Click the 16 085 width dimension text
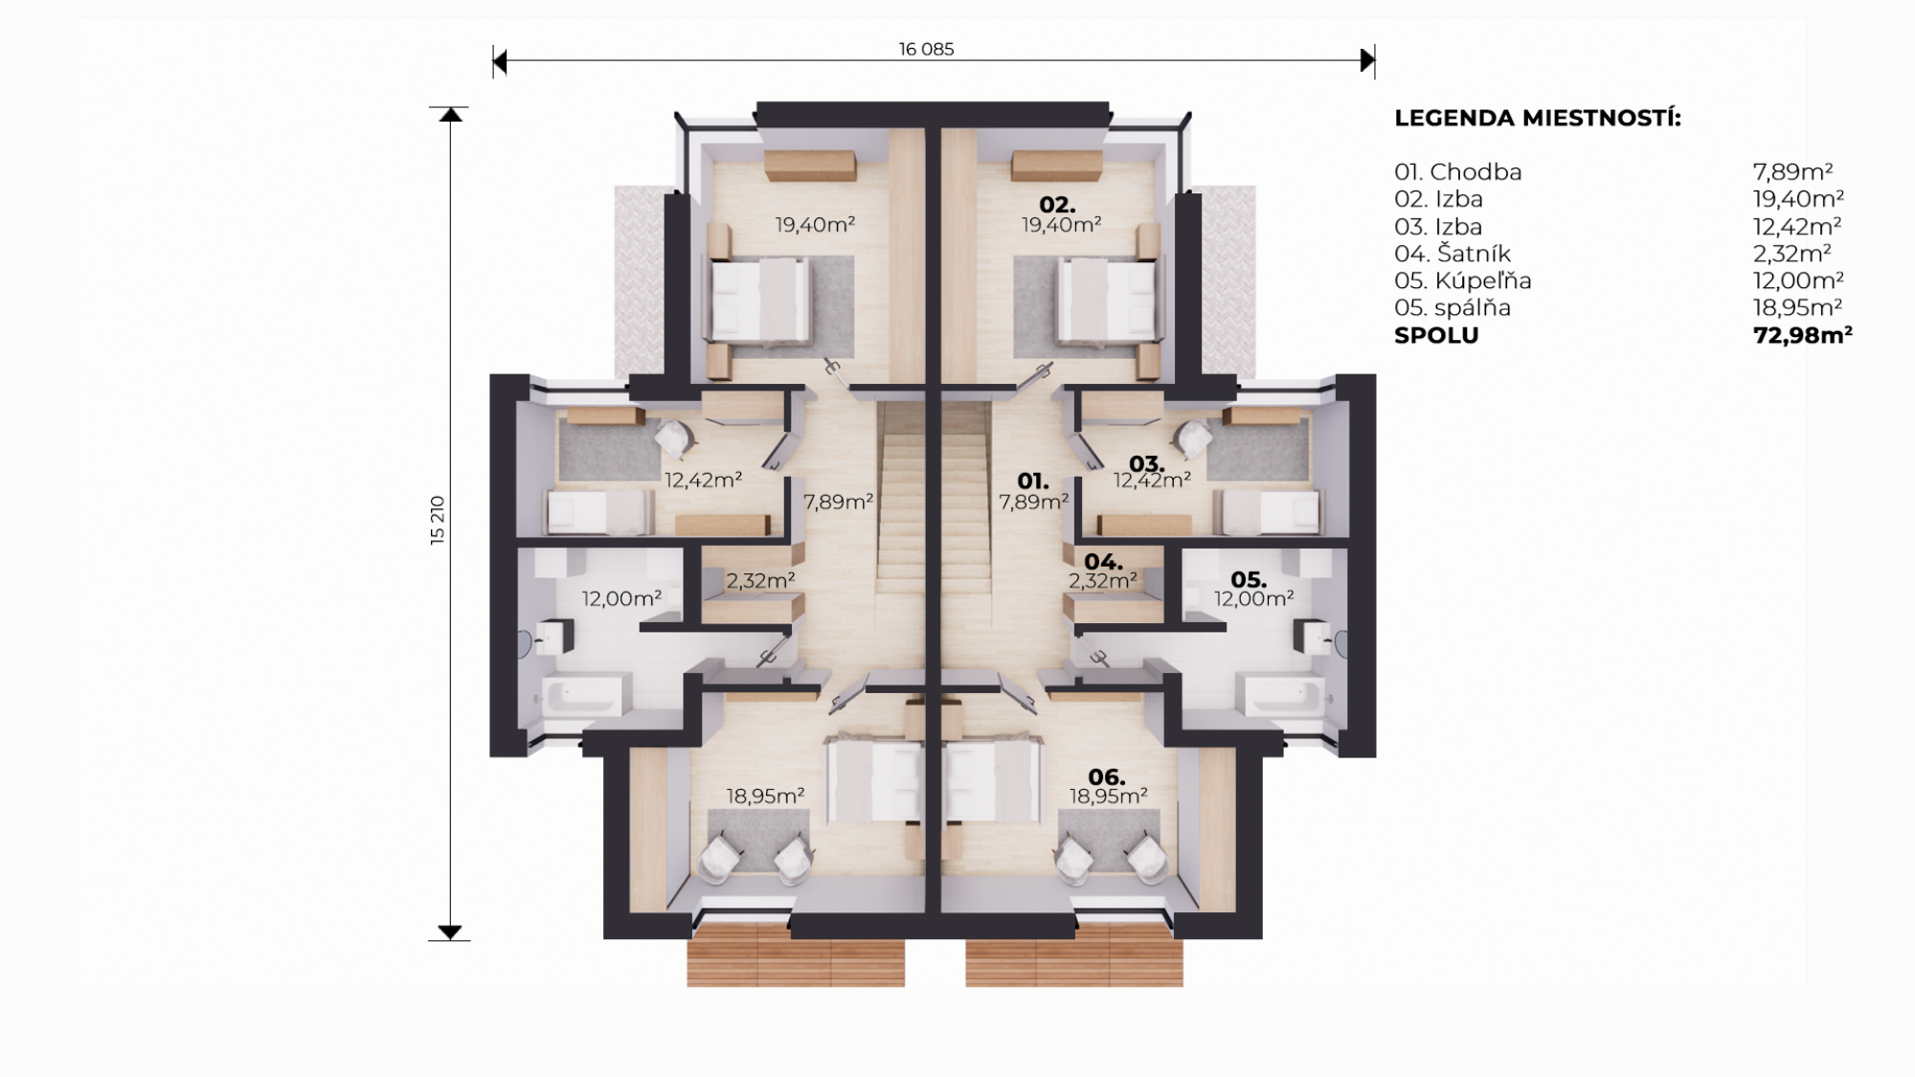(x=926, y=49)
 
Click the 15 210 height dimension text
(x=438, y=521)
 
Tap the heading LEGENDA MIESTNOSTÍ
(x=1537, y=119)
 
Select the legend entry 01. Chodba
(x=1457, y=172)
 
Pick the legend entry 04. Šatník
(x=1453, y=254)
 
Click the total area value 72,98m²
(x=1802, y=335)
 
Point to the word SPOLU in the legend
(x=1436, y=335)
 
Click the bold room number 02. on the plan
(x=1058, y=205)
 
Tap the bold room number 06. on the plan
(x=1106, y=777)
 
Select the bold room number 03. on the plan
(x=1146, y=465)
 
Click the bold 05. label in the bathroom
(x=1249, y=580)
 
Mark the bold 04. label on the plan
(x=1103, y=562)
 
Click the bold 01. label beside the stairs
(x=1033, y=482)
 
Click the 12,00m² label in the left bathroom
(x=621, y=598)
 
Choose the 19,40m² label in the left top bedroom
(x=815, y=225)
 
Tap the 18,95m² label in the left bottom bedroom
(x=765, y=796)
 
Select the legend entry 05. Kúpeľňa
(x=1462, y=280)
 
